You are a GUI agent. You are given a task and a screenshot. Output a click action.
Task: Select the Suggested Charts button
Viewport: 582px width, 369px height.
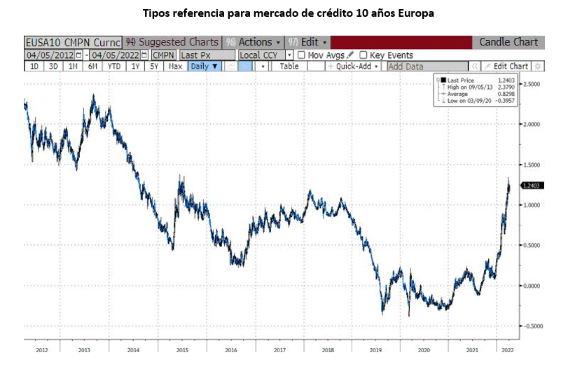tap(172, 42)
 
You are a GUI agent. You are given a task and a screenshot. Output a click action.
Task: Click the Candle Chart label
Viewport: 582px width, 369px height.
tap(508, 42)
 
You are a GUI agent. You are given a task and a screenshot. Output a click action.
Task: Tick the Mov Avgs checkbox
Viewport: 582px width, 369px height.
tap(302, 55)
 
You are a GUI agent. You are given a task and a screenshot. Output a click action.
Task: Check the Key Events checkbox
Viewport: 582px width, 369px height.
tap(363, 55)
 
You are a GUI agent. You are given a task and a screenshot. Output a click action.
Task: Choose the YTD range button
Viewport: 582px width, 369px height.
tap(113, 67)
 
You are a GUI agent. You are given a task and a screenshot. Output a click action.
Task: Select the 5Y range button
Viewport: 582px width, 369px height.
tap(154, 67)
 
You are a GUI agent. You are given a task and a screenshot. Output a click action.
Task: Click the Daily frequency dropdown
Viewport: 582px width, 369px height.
tap(205, 67)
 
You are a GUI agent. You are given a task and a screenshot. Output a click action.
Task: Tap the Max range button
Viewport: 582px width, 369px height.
tap(176, 67)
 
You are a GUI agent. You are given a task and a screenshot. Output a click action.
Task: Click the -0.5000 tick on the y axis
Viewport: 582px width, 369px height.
tap(534, 326)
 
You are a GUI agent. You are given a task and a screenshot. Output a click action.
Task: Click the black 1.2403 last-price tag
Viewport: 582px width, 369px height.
tap(534, 186)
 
